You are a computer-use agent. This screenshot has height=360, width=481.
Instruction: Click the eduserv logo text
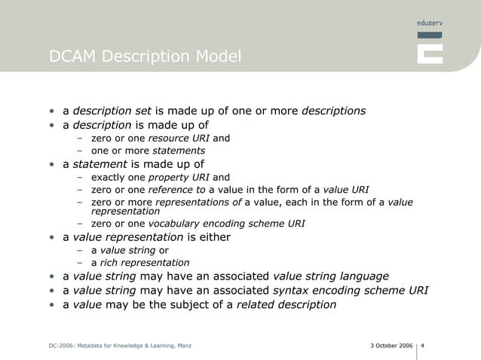point(429,25)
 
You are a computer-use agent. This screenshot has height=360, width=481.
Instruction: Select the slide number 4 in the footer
point(423,346)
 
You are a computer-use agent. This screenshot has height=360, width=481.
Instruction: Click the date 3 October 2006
point(391,346)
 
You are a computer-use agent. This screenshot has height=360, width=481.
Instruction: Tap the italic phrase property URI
point(183,177)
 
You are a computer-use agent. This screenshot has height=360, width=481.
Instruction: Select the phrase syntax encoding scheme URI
point(350,291)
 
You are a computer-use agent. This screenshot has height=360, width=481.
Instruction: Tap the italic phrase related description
point(286,305)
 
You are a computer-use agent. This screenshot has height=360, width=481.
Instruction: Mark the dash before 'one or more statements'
point(79,151)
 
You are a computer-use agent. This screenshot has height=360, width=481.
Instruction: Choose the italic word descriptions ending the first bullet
point(333,111)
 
